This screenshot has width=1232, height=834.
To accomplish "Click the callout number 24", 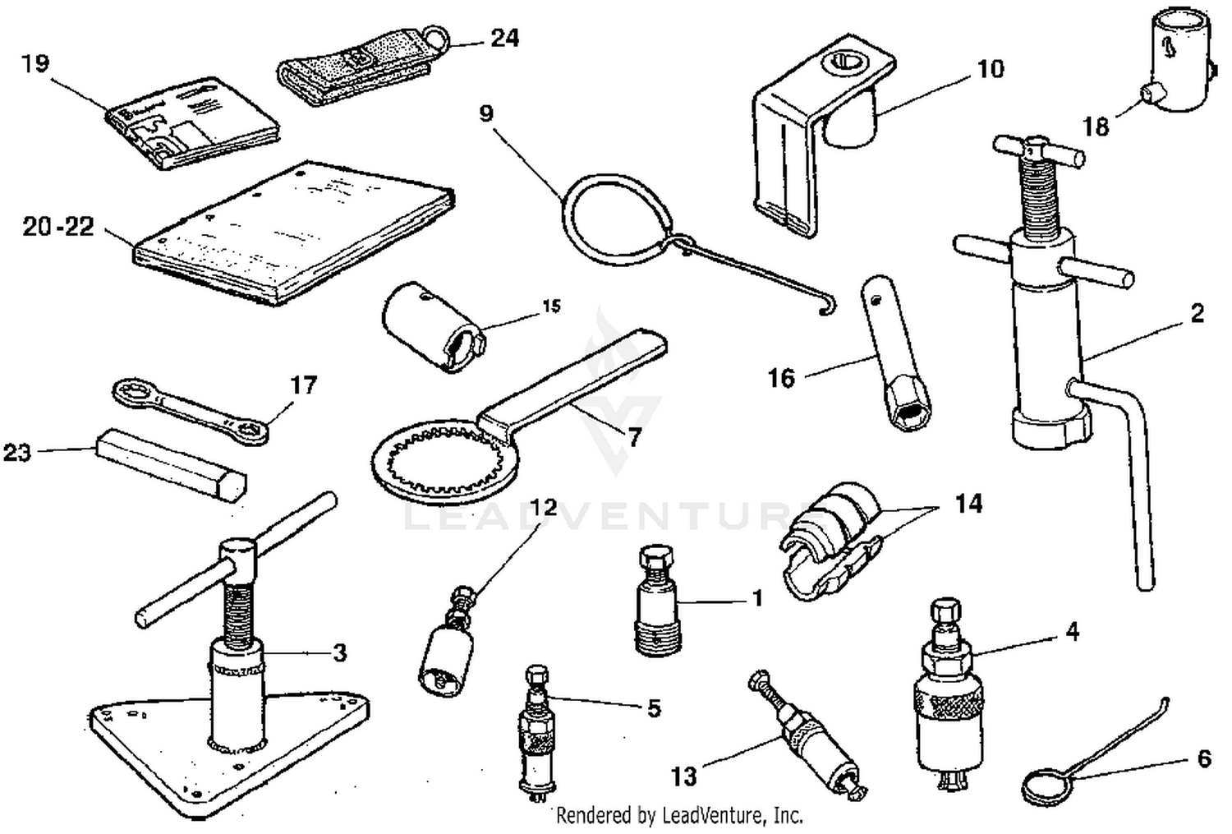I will [x=504, y=38].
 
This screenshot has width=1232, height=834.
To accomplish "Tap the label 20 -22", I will [x=58, y=227].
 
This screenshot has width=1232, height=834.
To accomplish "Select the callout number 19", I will [x=35, y=63].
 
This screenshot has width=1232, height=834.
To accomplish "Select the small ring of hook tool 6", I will [x=1046, y=790].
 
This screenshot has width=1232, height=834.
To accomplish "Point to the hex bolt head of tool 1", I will [x=655, y=560].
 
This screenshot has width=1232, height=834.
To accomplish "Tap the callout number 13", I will [x=684, y=775].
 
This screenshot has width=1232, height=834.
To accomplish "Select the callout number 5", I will [x=654, y=708].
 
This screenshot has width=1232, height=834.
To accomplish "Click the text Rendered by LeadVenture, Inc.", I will [x=678, y=815].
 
